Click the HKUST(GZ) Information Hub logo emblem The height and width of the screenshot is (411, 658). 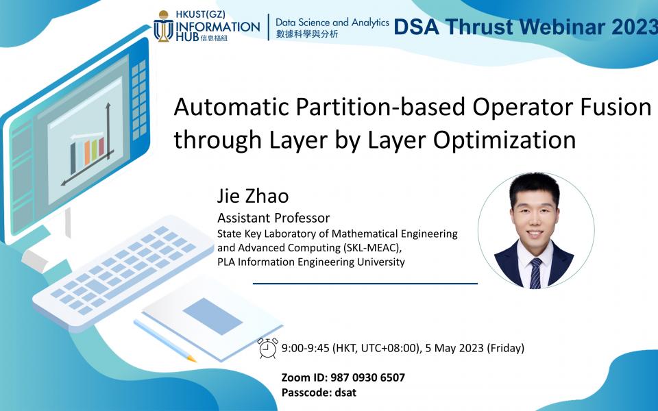coord(164,27)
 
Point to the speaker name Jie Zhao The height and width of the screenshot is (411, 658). coord(253,197)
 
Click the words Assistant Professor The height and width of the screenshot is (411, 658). coord(273,219)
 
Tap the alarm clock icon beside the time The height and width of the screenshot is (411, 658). coord(267,348)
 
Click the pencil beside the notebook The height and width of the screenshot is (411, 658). coord(164,340)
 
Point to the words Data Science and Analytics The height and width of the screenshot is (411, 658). coord(332,23)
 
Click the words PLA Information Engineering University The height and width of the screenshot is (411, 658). coord(310,262)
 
